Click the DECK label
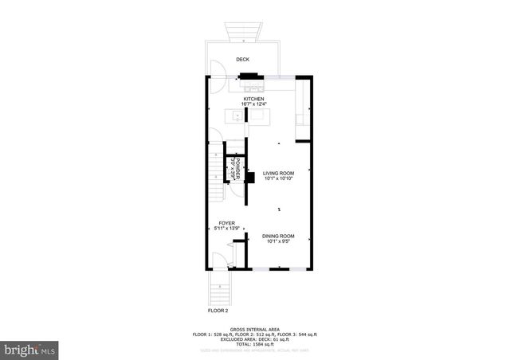tap(243, 60)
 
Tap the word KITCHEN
tap(254, 99)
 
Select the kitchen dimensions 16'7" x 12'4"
tap(254, 104)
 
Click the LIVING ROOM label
tap(279, 173)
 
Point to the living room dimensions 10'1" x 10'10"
tap(279, 178)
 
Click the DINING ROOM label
tap(279, 236)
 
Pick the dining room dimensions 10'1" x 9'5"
tap(279, 241)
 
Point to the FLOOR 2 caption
tap(218, 311)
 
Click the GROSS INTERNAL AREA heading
tap(254, 329)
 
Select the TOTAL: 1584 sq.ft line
tap(254, 343)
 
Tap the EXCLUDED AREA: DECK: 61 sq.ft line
tap(254, 338)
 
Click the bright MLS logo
tap(30, 348)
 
